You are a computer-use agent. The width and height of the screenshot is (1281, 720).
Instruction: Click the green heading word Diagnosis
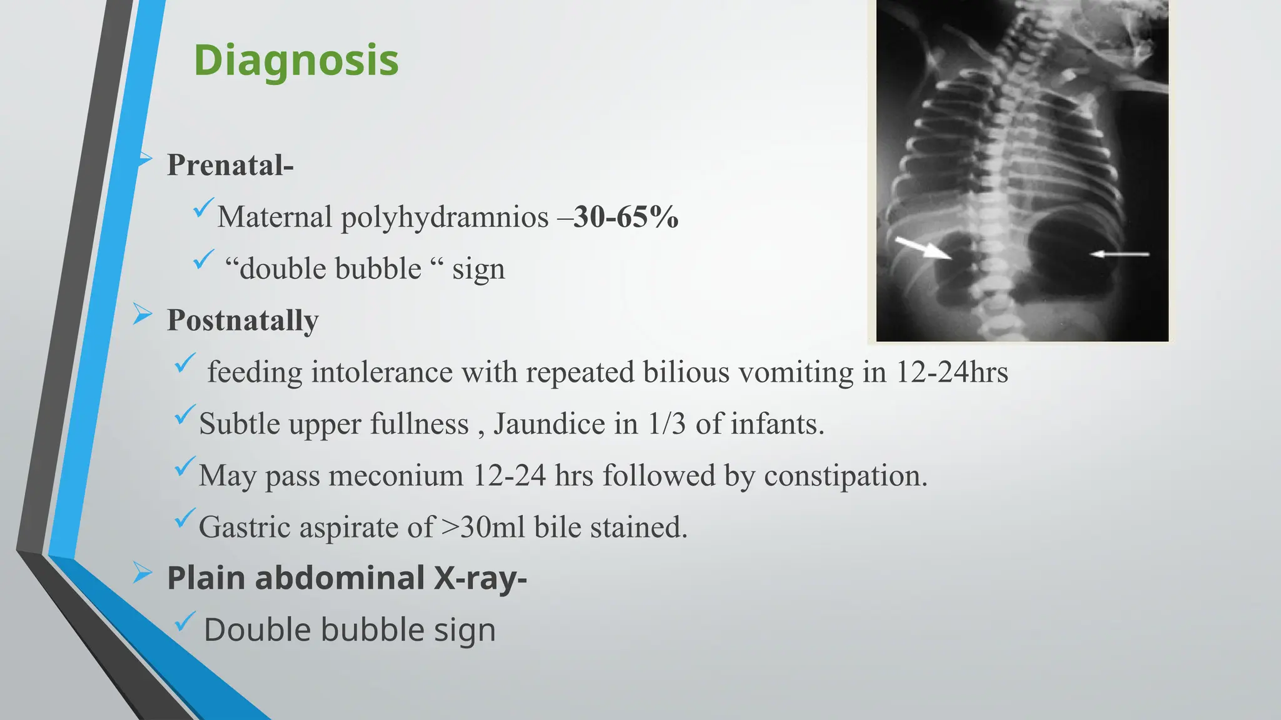coord(296,61)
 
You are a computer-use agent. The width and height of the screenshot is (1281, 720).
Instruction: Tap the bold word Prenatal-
coord(230,165)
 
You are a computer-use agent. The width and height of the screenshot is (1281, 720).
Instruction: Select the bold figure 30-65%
coord(625,217)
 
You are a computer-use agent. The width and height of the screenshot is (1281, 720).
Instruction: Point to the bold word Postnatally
coord(243,320)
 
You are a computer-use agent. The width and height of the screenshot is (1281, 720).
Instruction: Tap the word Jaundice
coord(549,424)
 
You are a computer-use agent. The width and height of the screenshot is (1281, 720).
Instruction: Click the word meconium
coord(396,476)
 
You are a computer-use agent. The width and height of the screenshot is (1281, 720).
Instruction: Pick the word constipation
coord(846,476)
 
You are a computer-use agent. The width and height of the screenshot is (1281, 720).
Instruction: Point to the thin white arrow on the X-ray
coord(1120,254)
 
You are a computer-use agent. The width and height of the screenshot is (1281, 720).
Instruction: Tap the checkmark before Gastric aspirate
coord(185,517)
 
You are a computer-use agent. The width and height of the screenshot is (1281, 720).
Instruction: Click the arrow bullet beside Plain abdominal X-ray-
coord(142,572)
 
